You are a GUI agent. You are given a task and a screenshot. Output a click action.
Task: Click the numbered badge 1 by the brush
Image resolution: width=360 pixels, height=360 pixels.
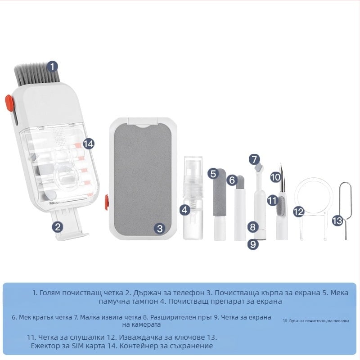tap(53, 67)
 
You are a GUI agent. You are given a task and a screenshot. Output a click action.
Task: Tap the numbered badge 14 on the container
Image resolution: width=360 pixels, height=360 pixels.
tap(89, 144)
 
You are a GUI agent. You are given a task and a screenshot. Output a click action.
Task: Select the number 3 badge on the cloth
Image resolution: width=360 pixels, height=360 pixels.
tap(160, 228)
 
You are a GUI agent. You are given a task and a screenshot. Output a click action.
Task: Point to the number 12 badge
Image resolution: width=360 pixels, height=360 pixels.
tap(299, 211)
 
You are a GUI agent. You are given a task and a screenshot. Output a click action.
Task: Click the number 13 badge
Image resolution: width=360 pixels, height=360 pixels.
tap(337, 220)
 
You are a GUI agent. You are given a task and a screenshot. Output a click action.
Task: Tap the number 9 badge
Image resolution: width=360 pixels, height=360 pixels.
tap(253, 244)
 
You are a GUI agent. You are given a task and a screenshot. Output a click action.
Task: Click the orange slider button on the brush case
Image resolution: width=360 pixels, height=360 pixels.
tap(9, 103)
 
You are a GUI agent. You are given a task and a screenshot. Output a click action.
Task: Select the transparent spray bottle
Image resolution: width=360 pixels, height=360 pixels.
tap(193, 198)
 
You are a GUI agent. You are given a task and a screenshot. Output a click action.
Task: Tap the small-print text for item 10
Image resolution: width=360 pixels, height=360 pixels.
tap(316, 321)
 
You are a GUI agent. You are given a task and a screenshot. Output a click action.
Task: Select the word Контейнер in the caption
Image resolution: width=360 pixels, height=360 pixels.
tap(142, 346)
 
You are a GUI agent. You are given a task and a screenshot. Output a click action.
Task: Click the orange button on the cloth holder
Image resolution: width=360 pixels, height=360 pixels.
tap(107, 202)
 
